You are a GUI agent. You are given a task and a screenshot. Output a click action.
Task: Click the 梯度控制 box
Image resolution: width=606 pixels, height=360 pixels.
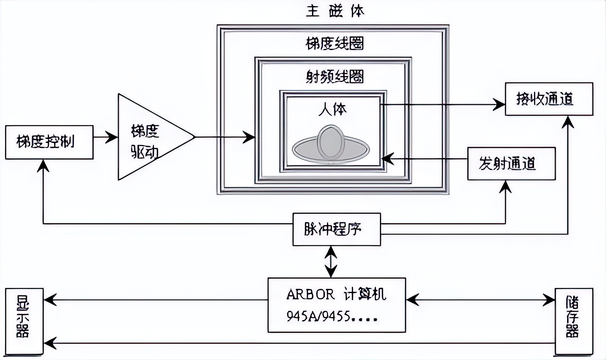click(x=49, y=142)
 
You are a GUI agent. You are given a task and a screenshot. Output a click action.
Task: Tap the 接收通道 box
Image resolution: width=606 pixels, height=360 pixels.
click(x=549, y=99)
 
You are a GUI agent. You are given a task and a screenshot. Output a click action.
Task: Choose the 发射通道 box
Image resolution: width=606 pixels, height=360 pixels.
click(x=511, y=164)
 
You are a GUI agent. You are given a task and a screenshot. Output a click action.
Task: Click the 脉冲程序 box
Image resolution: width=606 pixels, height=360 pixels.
click(x=336, y=229)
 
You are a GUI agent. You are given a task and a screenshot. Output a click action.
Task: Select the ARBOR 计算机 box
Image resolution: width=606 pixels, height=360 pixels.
click(x=336, y=305)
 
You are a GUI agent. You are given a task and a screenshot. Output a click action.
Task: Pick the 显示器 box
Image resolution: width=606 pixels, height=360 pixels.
click(x=24, y=321)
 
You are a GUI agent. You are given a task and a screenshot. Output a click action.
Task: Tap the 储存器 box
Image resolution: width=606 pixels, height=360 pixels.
click(x=573, y=321)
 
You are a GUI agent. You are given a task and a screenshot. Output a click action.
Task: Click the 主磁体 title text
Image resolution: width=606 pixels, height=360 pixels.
click(x=335, y=11)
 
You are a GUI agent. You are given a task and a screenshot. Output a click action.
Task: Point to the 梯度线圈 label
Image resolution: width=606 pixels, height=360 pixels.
click(x=335, y=44)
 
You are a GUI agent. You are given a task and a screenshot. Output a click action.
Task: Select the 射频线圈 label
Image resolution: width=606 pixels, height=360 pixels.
click(x=335, y=77)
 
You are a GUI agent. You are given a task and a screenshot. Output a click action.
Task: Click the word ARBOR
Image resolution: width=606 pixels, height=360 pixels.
click(x=310, y=295)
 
